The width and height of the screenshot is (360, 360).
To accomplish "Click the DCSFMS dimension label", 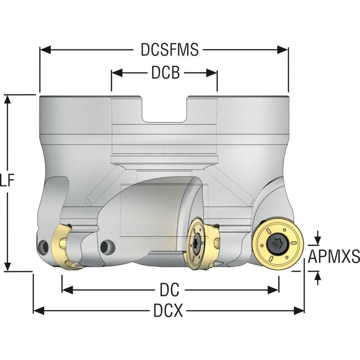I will click(169, 50).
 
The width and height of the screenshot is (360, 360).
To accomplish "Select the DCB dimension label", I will click(165, 73).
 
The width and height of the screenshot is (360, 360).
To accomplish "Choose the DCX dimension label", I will click(168, 310).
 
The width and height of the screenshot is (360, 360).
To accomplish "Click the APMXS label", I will click(334, 257).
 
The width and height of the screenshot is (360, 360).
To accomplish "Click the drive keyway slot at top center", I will click(165, 109).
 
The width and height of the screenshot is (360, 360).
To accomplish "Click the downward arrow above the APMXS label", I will click(318, 238).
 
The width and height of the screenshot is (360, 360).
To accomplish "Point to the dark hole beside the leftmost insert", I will click(44, 246).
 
